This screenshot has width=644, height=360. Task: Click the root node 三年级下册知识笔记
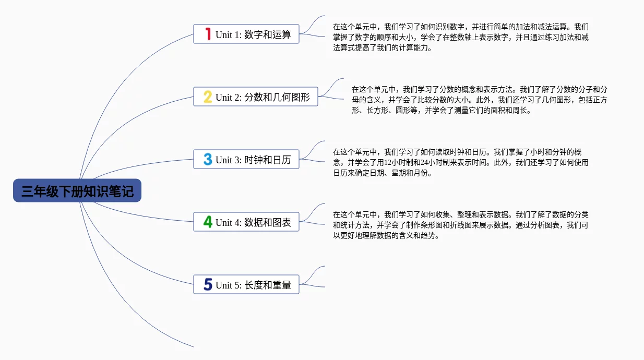(77, 191)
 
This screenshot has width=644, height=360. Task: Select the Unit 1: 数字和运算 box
(246, 34)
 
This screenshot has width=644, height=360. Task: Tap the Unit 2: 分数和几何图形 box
(256, 97)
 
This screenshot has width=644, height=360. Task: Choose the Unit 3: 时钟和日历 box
(246, 160)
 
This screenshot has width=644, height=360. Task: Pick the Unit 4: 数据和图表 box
(246, 222)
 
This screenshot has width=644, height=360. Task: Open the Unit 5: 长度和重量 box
(246, 285)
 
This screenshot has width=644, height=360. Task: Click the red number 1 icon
(208, 34)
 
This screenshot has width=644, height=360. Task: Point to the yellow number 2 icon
(208, 97)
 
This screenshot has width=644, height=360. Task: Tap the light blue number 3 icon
(208, 160)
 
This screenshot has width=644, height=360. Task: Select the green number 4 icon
(208, 222)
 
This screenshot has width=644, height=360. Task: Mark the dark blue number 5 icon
(208, 285)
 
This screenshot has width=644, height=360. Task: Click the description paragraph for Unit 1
(461, 37)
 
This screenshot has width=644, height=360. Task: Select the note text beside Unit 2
(479, 100)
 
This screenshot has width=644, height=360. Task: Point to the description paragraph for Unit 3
(461, 162)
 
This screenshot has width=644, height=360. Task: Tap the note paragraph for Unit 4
(461, 225)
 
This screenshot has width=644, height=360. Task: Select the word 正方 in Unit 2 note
(600, 100)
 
